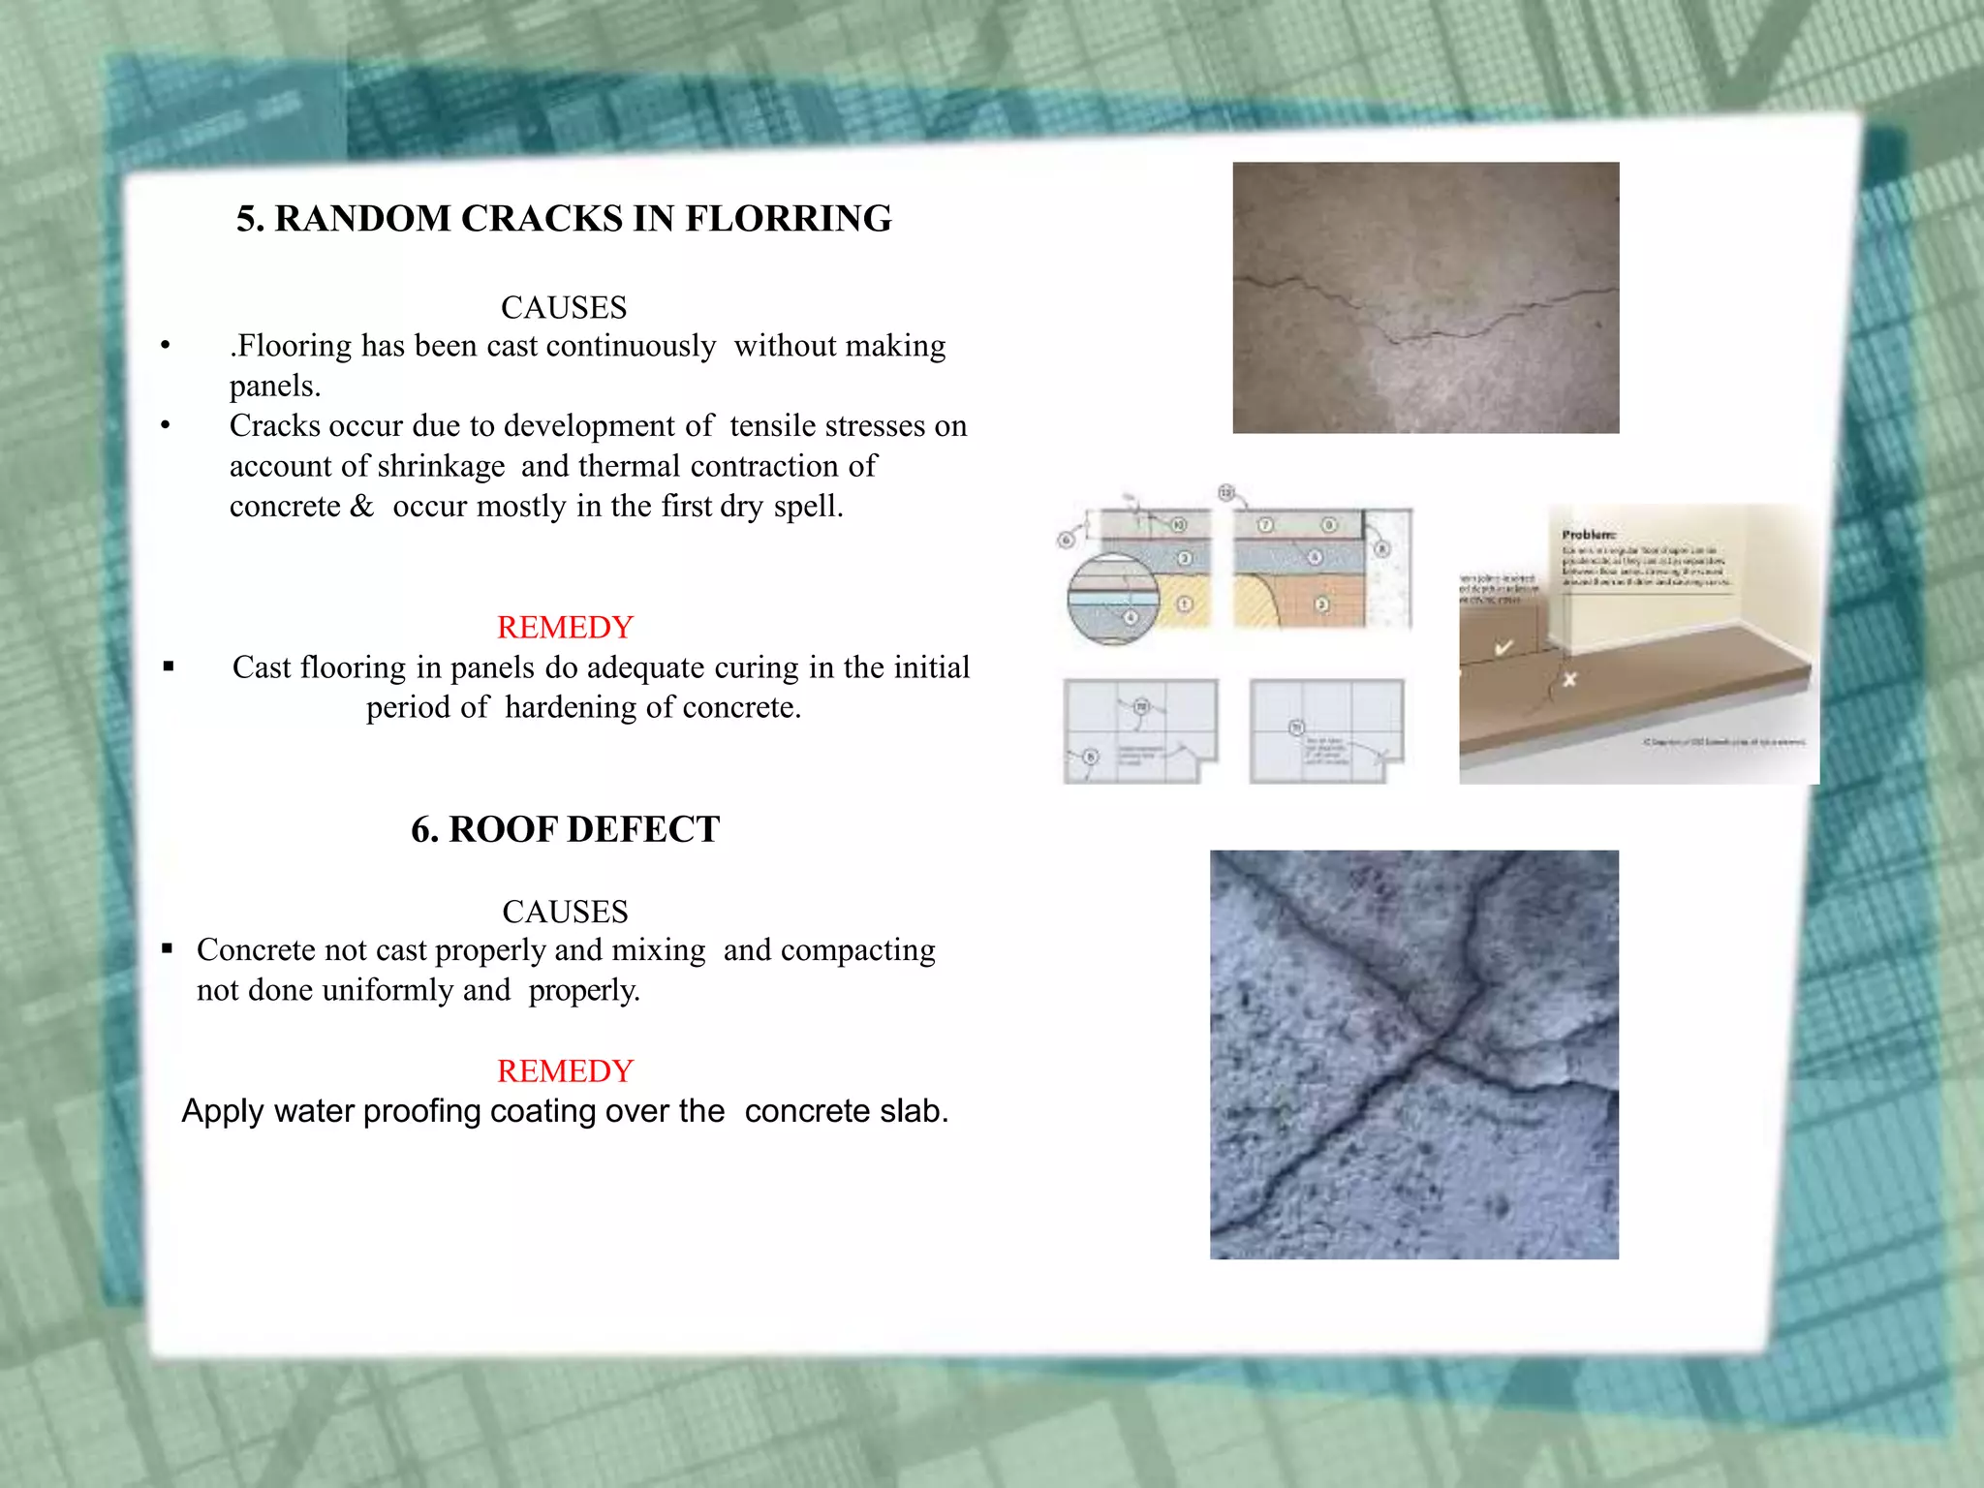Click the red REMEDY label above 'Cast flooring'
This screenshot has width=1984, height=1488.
tap(565, 628)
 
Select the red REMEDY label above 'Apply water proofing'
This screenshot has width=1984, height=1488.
tap(565, 1071)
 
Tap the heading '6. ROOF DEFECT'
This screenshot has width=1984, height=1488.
tap(565, 830)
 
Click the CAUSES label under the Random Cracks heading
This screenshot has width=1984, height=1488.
tap(564, 308)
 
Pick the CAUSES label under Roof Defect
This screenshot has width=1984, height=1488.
tap(565, 913)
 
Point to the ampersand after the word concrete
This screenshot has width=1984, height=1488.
tap(361, 507)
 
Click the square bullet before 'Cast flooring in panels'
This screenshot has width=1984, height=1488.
tap(169, 666)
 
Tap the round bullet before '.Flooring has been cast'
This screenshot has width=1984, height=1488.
tap(166, 346)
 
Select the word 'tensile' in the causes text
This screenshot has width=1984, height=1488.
tap(778, 426)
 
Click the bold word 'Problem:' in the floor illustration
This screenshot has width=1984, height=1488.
tap(1588, 535)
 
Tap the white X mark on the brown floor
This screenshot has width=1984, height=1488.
tap(1569, 680)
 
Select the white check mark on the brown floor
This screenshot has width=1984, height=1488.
tap(1503, 647)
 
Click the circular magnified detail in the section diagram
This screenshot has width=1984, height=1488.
tap(1113, 600)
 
